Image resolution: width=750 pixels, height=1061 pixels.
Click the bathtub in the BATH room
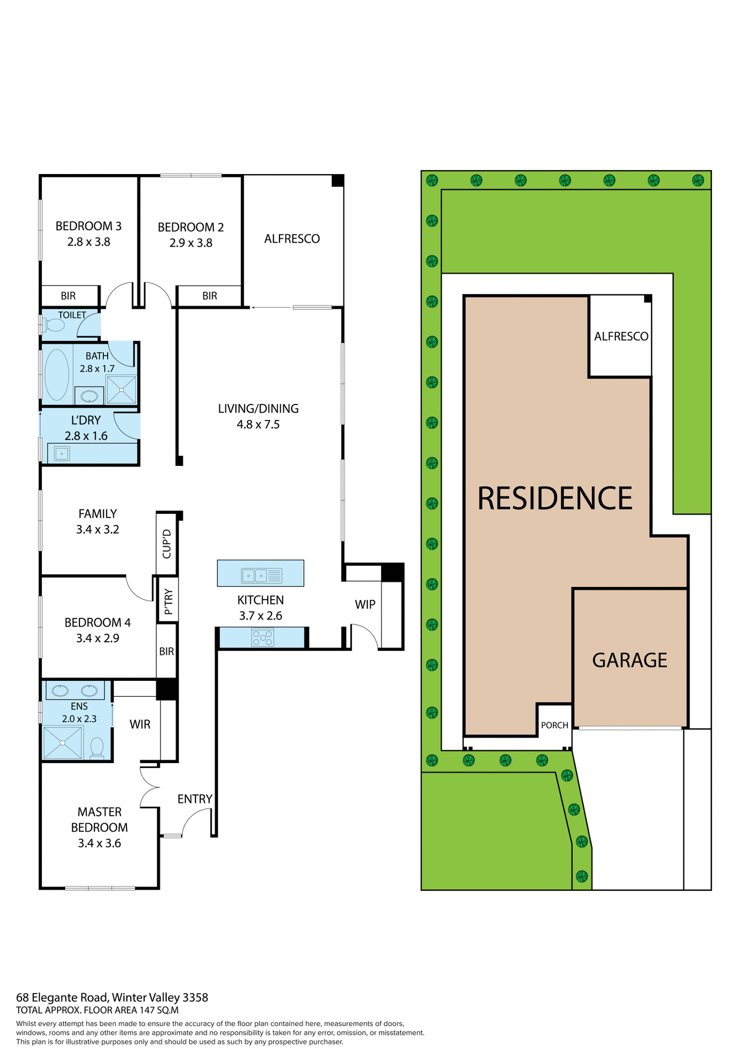[x=57, y=374]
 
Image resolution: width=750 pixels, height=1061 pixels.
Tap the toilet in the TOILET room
[x=54, y=324]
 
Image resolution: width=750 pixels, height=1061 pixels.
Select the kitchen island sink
[x=255, y=575]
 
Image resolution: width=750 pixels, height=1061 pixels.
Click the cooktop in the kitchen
[x=262, y=637]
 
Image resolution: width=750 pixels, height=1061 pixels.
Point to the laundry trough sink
[x=62, y=454]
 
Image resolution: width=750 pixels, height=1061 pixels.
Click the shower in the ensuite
[x=62, y=743]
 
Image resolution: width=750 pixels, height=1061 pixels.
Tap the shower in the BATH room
[x=122, y=390]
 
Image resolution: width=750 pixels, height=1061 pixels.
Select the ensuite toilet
[x=97, y=748]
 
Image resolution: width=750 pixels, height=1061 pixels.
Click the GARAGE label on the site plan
[x=630, y=660]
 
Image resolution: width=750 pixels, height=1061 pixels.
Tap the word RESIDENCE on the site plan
[x=554, y=498]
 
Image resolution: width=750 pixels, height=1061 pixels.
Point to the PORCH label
[x=554, y=725]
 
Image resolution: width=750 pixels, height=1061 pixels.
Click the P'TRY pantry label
[x=168, y=601]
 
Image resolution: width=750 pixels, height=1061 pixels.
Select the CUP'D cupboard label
[x=167, y=544]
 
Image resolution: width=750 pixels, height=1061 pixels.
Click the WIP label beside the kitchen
[x=365, y=605]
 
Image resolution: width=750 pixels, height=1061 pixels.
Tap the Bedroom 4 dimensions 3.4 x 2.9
[x=98, y=638]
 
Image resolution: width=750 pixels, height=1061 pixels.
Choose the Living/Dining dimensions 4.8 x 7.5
[x=258, y=424]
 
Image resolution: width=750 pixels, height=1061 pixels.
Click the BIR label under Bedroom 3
[x=68, y=296]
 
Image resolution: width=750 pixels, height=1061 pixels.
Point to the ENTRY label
[x=194, y=799]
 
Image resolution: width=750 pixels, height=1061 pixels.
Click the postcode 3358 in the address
[x=196, y=997]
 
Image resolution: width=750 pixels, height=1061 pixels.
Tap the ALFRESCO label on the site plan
[x=621, y=336]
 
